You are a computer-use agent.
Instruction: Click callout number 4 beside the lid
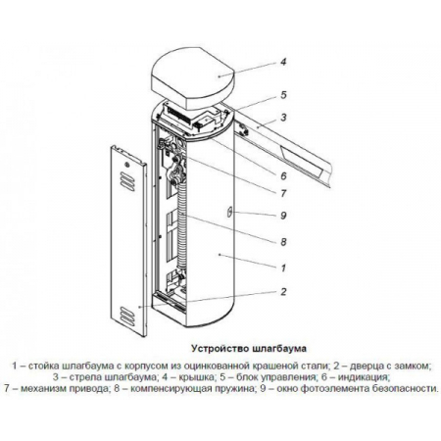[x=283, y=62]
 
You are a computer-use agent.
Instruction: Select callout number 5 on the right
[x=283, y=95]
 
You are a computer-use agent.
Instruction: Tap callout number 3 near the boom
[x=283, y=117]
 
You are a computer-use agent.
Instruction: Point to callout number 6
[x=283, y=175]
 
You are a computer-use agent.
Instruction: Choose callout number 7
[x=283, y=193]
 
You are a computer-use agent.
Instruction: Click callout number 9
[x=283, y=216]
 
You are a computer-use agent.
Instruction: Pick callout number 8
[x=283, y=242]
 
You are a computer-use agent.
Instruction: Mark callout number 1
[x=283, y=268]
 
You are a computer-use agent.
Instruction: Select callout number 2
[x=283, y=291]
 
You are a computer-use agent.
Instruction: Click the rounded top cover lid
[x=193, y=80]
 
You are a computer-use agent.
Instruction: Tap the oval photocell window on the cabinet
[x=229, y=212]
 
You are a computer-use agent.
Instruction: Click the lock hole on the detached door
[x=127, y=163]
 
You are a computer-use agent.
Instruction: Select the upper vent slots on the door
[x=127, y=181]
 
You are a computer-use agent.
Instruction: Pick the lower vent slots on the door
[x=127, y=316]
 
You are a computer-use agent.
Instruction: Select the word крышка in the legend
[x=197, y=377]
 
